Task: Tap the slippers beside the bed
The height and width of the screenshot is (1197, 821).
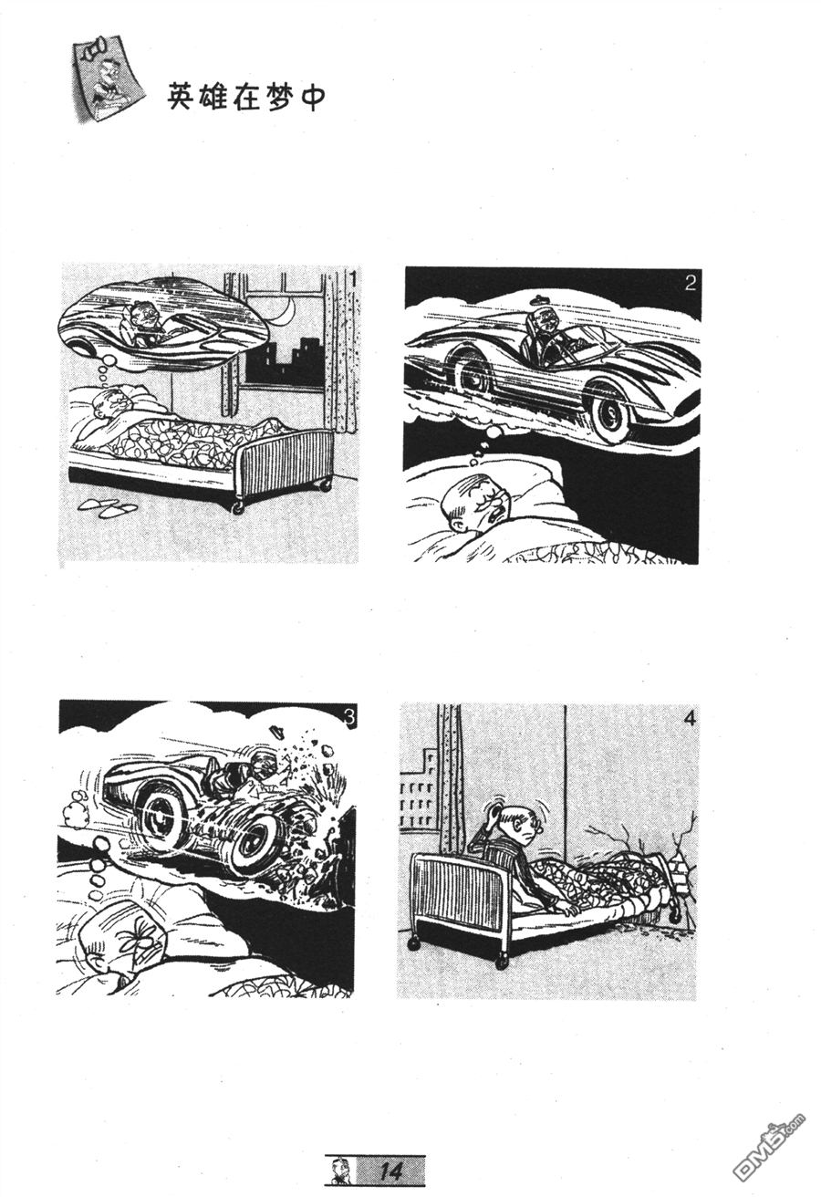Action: [x=109, y=507]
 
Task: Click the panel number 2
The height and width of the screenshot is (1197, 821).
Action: [x=690, y=283]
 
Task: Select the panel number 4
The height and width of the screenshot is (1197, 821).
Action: [x=689, y=719]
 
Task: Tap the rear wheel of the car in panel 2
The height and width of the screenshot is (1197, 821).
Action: [x=473, y=376]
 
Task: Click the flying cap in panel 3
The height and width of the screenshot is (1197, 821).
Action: [x=276, y=731]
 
